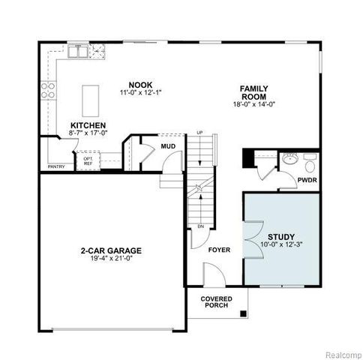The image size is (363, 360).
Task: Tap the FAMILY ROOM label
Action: point(254,93)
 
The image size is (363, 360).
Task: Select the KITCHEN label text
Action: point(88,125)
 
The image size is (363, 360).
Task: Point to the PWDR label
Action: point(307,180)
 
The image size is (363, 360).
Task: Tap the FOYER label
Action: point(220,250)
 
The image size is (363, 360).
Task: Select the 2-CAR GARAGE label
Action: point(111,250)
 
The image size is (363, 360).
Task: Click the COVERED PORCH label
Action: point(217,302)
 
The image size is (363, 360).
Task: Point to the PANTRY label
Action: point(56,166)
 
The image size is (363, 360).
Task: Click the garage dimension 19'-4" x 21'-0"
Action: point(111,259)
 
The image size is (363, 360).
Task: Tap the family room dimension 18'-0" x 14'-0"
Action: point(254,104)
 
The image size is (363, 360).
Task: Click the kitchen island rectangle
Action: point(91,97)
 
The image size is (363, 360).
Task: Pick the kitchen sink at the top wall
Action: point(77,51)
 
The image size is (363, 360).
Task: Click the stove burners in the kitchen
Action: point(47,90)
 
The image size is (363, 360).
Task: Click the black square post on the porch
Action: point(243,313)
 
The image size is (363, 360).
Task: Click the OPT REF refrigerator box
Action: point(88,160)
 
